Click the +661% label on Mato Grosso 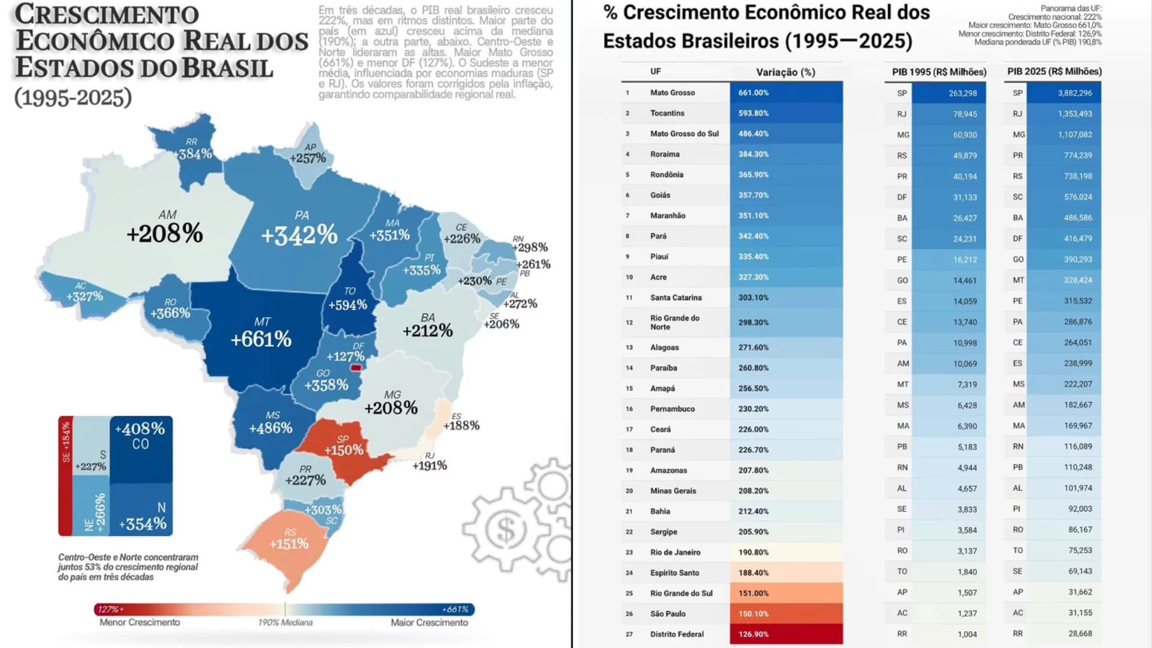point(261,340)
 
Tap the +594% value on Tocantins point(347,305)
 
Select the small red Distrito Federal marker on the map point(356,368)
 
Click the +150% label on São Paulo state point(344,450)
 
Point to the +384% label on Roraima point(193,154)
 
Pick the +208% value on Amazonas point(164,233)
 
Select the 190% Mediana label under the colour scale point(285,623)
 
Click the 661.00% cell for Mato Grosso point(754,93)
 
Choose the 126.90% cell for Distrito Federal point(754,634)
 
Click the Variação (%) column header point(785,72)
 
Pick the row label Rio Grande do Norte point(674,322)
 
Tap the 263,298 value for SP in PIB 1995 point(962,94)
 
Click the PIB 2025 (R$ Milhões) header point(1054,71)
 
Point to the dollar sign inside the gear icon point(505,530)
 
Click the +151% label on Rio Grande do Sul point(289,544)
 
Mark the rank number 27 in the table point(629,634)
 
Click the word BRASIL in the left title point(227,68)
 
